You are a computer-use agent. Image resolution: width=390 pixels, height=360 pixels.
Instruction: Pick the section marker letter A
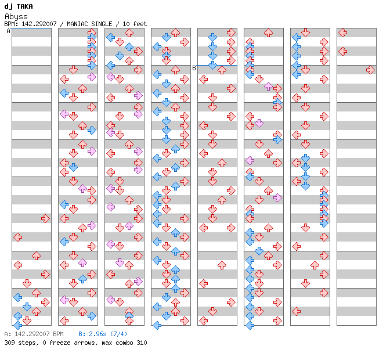coord(9,31)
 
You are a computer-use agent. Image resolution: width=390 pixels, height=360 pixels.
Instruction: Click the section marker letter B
coord(194,68)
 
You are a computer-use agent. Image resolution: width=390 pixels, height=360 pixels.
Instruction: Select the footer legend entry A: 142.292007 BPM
coord(34,334)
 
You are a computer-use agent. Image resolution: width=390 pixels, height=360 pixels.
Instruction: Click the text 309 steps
coord(18,343)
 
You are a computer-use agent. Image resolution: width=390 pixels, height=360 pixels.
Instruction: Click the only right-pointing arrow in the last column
coord(370,70)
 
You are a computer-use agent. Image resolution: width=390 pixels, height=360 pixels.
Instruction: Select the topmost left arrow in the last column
coord(343,33)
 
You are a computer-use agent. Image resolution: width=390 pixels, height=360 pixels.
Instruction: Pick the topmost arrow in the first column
coord(45,218)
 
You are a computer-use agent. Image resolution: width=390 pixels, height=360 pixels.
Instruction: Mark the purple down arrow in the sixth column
coord(259,123)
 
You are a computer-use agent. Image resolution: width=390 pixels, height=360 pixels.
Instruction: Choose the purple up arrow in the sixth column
coord(268,86)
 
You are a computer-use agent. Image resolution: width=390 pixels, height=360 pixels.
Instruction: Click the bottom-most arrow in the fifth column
coord(203,321)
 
